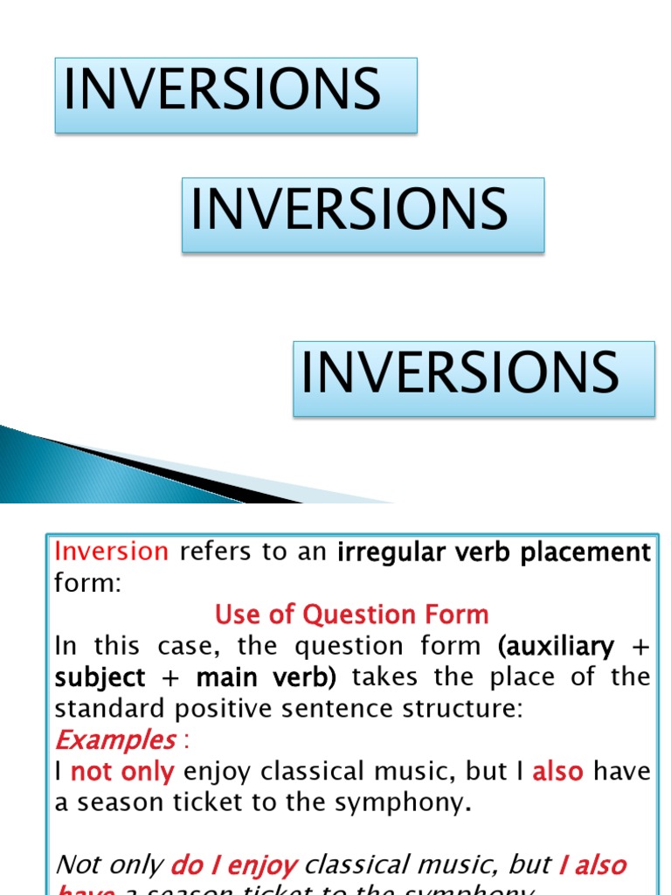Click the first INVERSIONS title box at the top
pos(236,95)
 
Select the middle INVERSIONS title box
pos(363,215)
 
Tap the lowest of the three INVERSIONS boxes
pos(474,378)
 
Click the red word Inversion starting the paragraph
pos(111,552)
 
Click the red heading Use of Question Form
pos(352,614)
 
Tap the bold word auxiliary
pos(556,646)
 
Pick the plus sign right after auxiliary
pos(641,647)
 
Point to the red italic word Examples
pos(115,740)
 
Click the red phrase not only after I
pos(122,772)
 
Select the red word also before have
pos(558,772)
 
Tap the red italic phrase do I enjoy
pos(234,865)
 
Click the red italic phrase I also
pos(592,865)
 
